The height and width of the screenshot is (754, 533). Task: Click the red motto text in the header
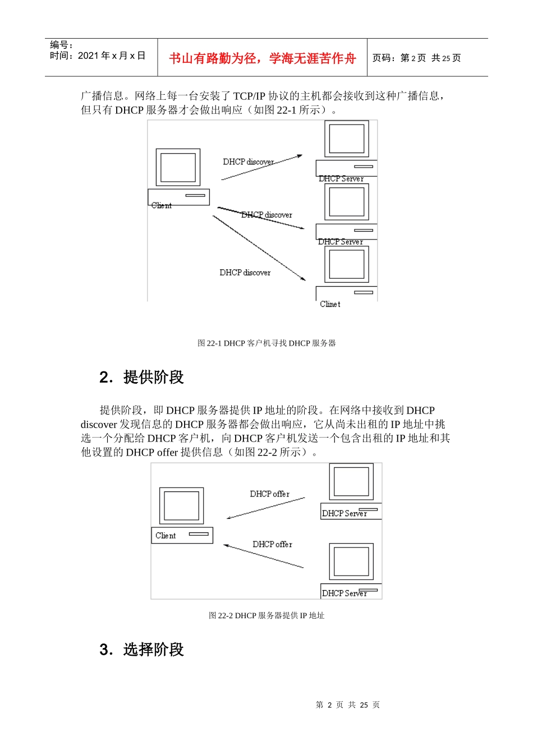pyautogui.click(x=262, y=58)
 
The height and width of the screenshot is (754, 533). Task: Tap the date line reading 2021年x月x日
pyautogui.click(x=97, y=56)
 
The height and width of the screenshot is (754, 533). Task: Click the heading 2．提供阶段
pyautogui.click(x=141, y=377)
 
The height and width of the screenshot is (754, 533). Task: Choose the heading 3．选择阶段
pyautogui.click(x=141, y=650)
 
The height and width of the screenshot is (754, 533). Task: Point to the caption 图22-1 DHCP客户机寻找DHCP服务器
pyautogui.click(x=266, y=343)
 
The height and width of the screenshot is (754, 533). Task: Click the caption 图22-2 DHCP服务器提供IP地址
pyautogui.click(x=266, y=615)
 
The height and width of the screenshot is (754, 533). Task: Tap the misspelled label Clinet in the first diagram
pyautogui.click(x=330, y=304)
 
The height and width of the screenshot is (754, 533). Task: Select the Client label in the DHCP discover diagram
pyautogui.click(x=161, y=205)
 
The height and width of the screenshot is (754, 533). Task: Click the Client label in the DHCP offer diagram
pyautogui.click(x=166, y=535)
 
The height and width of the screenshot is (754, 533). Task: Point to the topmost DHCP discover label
pyautogui.click(x=249, y=162)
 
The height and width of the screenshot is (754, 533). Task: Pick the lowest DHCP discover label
pyautogui.click(x=245, y=273)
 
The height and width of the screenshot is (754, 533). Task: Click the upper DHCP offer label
pyautogui.click(x=270, y=494)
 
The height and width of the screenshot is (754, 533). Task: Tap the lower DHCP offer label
pyautogui.click(x=273, y=544)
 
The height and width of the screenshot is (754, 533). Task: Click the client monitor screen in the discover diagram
pyautogui.click(x=178, y=167)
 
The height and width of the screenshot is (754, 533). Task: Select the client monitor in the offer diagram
pyautogui.click(x=181, y=505)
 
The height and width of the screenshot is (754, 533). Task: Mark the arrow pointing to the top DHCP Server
pyautogui.click(x=261, y=167)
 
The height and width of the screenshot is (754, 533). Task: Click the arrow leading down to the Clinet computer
pyautogui.click(x=259, y=248)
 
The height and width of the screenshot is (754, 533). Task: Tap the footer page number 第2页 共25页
pyautogui.click(x=348, y=705)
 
